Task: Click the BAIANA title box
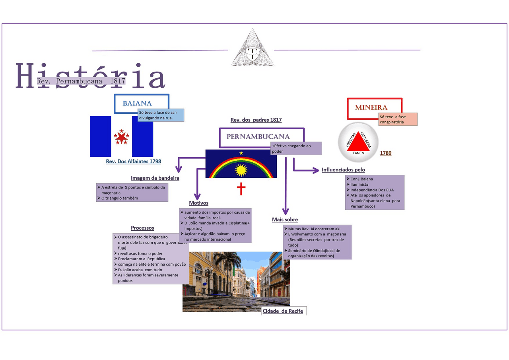pos(137,103)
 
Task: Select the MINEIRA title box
pos(371,107)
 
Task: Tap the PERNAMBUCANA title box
pos(258,136)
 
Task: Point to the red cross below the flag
pos(241,189)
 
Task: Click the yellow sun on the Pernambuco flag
pos(241,170)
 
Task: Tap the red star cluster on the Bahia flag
pos(121,137)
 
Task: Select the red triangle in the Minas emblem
pos(358,142)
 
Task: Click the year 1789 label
pos(385,153)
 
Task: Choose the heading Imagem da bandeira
pos(155,178)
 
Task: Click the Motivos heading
pos(198,203)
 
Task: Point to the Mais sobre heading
pos(285,220)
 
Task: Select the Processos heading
pos(142,228)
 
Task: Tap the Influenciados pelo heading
pos(343,170)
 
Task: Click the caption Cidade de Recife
pos(283,311)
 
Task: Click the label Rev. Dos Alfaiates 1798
pos(133,162)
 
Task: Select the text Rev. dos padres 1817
pos(256,120)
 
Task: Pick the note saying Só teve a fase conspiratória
pos(398,119)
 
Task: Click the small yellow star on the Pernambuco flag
pos(241,153)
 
